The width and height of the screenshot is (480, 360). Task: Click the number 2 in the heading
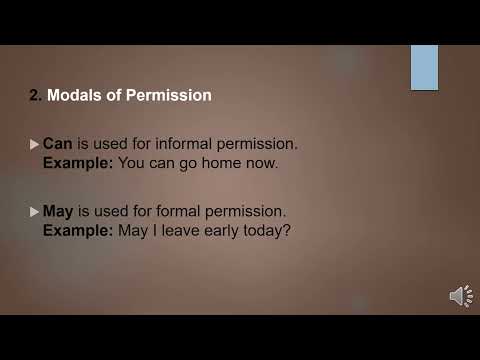(x=34, y=96)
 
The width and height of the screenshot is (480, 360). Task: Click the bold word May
(x=59, y=212)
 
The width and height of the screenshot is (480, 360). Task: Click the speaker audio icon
(x=461, y=296)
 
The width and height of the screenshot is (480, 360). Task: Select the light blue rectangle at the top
(x=424, y=67)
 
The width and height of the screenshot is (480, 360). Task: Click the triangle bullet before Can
(x=35, y=145)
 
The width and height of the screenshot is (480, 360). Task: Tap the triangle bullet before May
(x=35, y=213)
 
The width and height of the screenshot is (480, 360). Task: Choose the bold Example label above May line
(x=78, y=161)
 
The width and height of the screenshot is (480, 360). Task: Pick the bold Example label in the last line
(x=78, y=229)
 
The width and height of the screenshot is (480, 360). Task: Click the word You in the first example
(x=133, y=161)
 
